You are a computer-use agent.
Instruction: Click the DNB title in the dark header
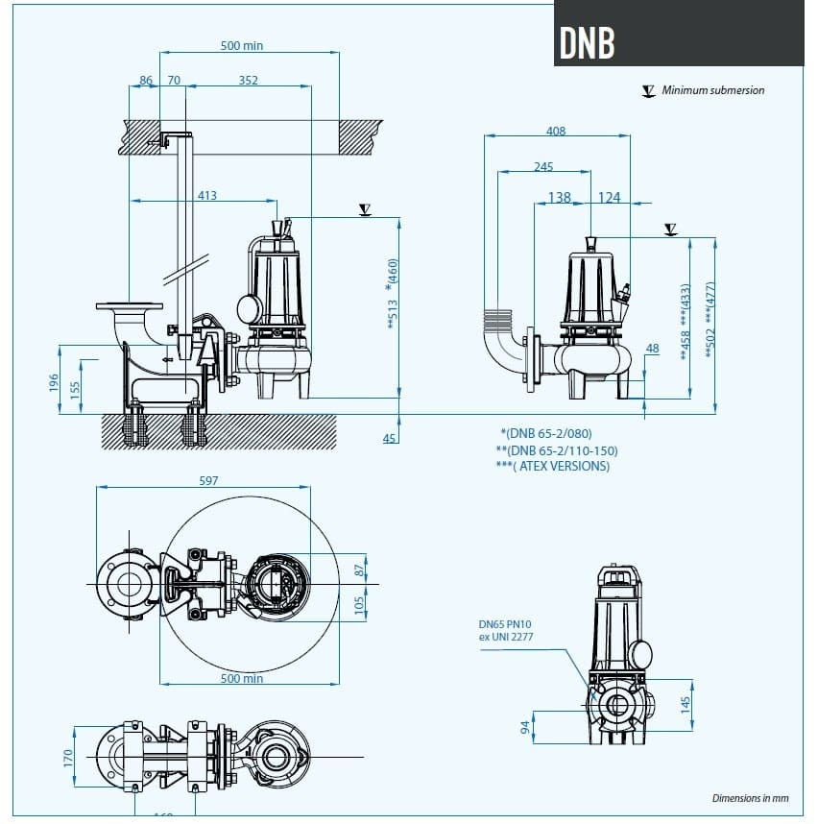pos(587,42)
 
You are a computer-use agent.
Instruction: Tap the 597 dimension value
pos(208,480)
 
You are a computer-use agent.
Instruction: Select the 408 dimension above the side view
pos(555,132)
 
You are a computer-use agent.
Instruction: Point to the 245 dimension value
pos(542,167)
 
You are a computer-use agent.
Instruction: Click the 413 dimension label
pos(206,195)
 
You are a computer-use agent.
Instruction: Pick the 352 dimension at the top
pos(248,81)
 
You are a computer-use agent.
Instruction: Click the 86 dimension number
pos(146,81)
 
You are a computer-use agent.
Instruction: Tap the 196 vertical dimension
pos(54,383)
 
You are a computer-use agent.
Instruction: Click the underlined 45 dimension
pos(389,439)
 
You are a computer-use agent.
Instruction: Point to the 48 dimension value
pos(653,349)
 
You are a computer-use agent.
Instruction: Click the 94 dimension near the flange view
pos(525,727)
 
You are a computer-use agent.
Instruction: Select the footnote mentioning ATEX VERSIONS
pos(552,466)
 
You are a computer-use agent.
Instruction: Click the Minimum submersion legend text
pos(713,90)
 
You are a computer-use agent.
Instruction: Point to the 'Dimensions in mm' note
pos(750,797)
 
